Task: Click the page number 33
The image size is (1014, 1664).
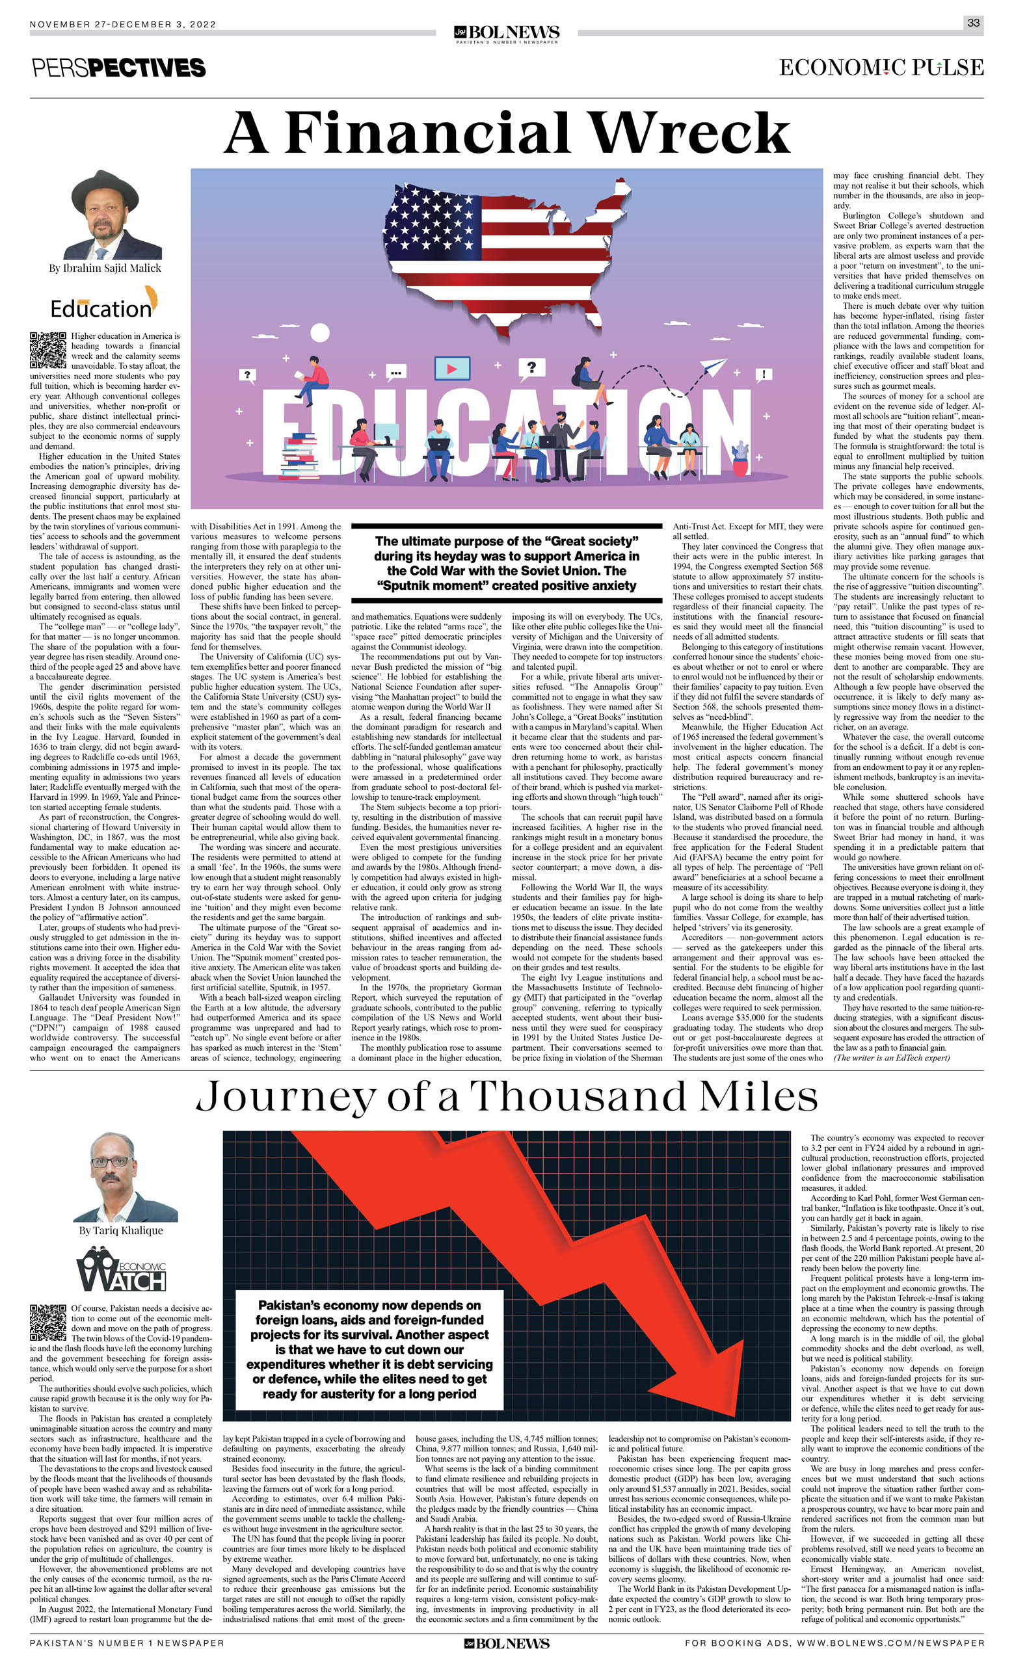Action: (x=973, y=22)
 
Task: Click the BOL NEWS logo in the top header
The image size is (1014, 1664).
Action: (x=507, y=33)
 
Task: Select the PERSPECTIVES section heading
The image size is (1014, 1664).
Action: (x=119, y=68)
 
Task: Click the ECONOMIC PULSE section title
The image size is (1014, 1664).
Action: (x=881, y=68)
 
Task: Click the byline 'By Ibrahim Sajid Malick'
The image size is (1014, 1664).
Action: (x=105, y=268)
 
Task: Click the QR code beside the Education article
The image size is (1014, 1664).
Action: (x=48, y=350)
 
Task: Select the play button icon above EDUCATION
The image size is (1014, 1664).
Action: (x=452, y=369)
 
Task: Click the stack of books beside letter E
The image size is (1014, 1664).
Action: (x=300, y=455)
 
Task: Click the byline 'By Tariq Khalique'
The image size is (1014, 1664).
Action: (x=121, y=1230)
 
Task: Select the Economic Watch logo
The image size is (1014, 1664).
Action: (x=122, y=1269)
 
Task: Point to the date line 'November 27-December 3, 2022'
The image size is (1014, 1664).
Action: (x=123, y=24)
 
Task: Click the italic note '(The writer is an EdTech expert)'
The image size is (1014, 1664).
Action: (x=891, y=1057)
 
